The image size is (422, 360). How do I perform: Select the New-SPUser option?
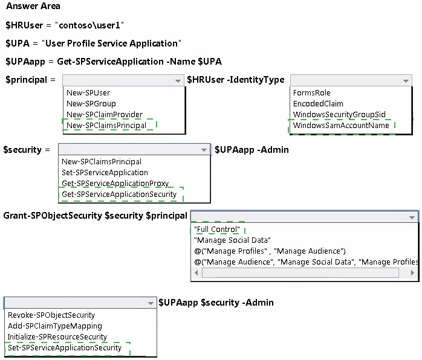[x=88, y=93]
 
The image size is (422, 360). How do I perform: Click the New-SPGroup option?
[x=91, y=103]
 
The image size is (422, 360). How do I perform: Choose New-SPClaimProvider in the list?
[x=105, y=115]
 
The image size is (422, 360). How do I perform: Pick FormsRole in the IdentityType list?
[x=311, y=93]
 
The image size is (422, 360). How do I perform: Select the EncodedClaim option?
[x=318, y=103]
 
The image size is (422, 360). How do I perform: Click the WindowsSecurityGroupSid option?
[x=339, y=115]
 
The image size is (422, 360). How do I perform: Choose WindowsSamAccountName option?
[x=341, y=125]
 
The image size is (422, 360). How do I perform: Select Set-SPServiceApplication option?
[x=105, y=172]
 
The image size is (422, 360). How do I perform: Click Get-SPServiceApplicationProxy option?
[x=115, y=184]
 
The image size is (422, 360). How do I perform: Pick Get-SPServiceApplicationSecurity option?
[x=119, y=194]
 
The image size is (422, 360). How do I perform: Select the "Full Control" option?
[x=217, y=230]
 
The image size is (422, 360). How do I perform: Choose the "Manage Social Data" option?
[x=232, y=240]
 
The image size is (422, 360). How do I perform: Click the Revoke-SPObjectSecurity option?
[x=51, y=315]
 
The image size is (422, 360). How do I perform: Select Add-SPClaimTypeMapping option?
[x=55, y=326]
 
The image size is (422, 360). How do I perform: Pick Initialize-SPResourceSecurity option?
[x=57, y=336]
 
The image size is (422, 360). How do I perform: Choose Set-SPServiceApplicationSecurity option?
[x=65, y=348]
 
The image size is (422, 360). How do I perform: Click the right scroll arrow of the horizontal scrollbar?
[x=412, y=272]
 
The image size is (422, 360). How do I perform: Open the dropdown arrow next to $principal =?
[x=178, y=81]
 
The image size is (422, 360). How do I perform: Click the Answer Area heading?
[x=33, y=6]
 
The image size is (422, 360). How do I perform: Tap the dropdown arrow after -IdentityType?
[x=406, y=81]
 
